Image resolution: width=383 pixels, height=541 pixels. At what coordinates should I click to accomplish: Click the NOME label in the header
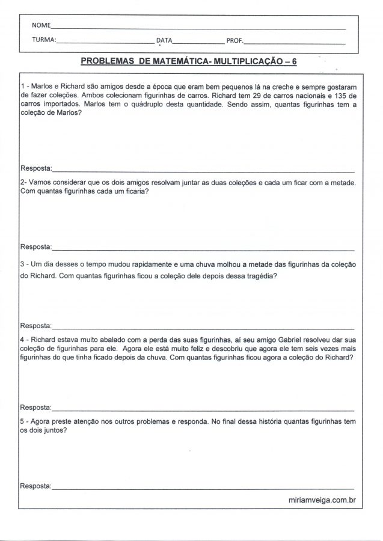(x=41, y=26)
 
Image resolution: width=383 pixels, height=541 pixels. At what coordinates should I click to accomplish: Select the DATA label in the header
(x=164, y=41)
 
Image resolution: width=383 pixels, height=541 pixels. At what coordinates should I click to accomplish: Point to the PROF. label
(x=234, y=41)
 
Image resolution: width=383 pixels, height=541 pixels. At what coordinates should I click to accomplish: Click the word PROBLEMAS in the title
(x=108, y=61)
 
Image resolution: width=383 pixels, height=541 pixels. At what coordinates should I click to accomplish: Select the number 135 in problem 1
(x=340, y=95)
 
